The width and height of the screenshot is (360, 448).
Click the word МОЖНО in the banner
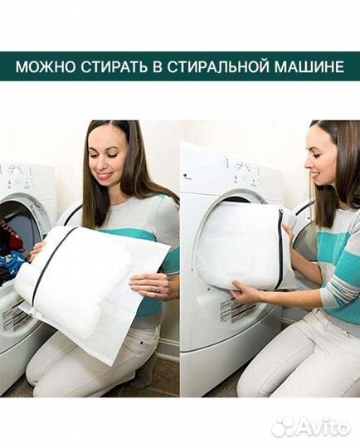[x=44, y=66]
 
